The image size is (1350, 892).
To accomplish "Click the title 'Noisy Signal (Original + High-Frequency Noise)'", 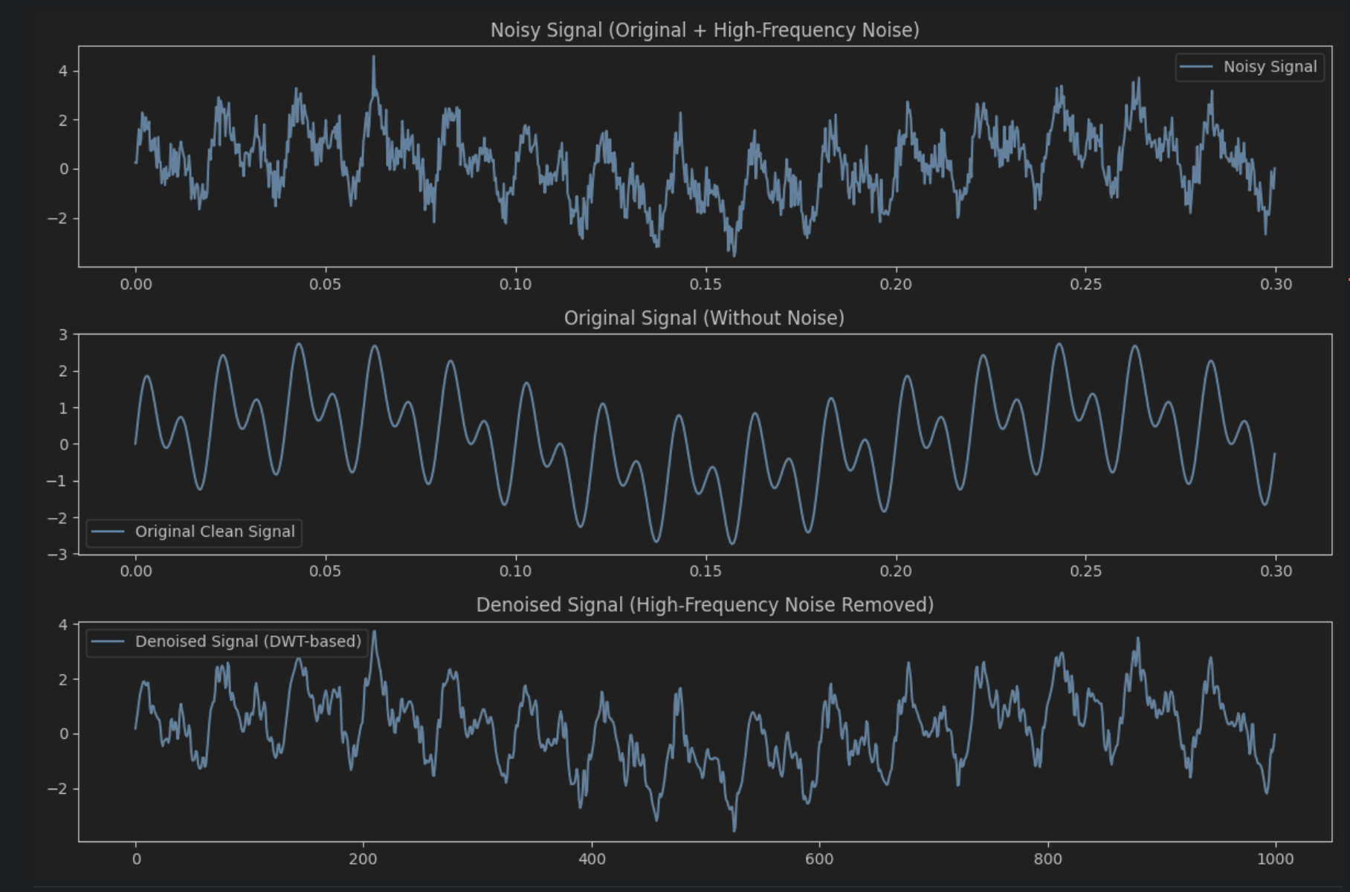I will (704, 30).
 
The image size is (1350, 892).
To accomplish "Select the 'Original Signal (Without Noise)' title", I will (704, 318).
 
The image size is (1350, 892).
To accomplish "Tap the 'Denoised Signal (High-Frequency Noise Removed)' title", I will (704, 605).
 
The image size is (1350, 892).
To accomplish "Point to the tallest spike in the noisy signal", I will (373, 57).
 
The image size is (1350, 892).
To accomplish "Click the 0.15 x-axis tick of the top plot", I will (705, 284).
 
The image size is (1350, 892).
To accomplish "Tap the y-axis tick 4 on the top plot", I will (63, 71).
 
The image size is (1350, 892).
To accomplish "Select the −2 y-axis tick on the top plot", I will (57, 219).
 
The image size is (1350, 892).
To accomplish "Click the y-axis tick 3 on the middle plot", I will (63, 335).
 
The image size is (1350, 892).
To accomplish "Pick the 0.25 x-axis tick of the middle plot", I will (1085, 571).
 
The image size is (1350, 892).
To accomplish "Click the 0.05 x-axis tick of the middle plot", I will (325, 571).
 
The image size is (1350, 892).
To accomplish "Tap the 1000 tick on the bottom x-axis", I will (1276, 859).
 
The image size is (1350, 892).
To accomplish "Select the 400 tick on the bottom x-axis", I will (592, 859).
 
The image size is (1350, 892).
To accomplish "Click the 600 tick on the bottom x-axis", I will (819, 859).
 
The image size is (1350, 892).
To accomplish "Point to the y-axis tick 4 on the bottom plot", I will (63, 625).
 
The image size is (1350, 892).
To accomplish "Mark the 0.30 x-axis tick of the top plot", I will (1276, 284).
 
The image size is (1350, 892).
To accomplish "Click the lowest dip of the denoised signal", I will (734, 830).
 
